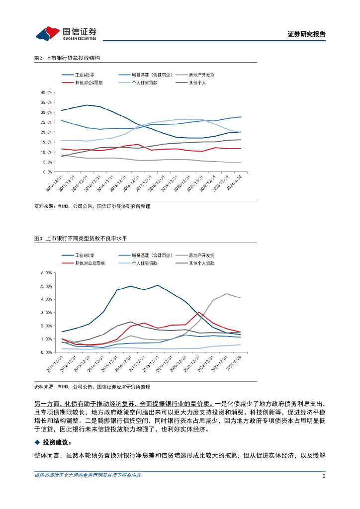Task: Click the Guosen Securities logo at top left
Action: [66, 34]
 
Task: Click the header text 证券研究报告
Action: [306, 34]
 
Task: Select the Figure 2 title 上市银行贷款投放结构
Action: [67, 58]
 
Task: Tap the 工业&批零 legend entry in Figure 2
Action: [85, 75]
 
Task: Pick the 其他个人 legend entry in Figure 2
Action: [197, 83]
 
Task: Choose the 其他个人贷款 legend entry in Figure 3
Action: [201, 262]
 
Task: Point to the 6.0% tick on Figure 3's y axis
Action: [47, 273]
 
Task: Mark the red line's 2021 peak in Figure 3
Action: [199, 312]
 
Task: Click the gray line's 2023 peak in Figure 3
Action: [227, 294]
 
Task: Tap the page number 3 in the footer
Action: [324, 476]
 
